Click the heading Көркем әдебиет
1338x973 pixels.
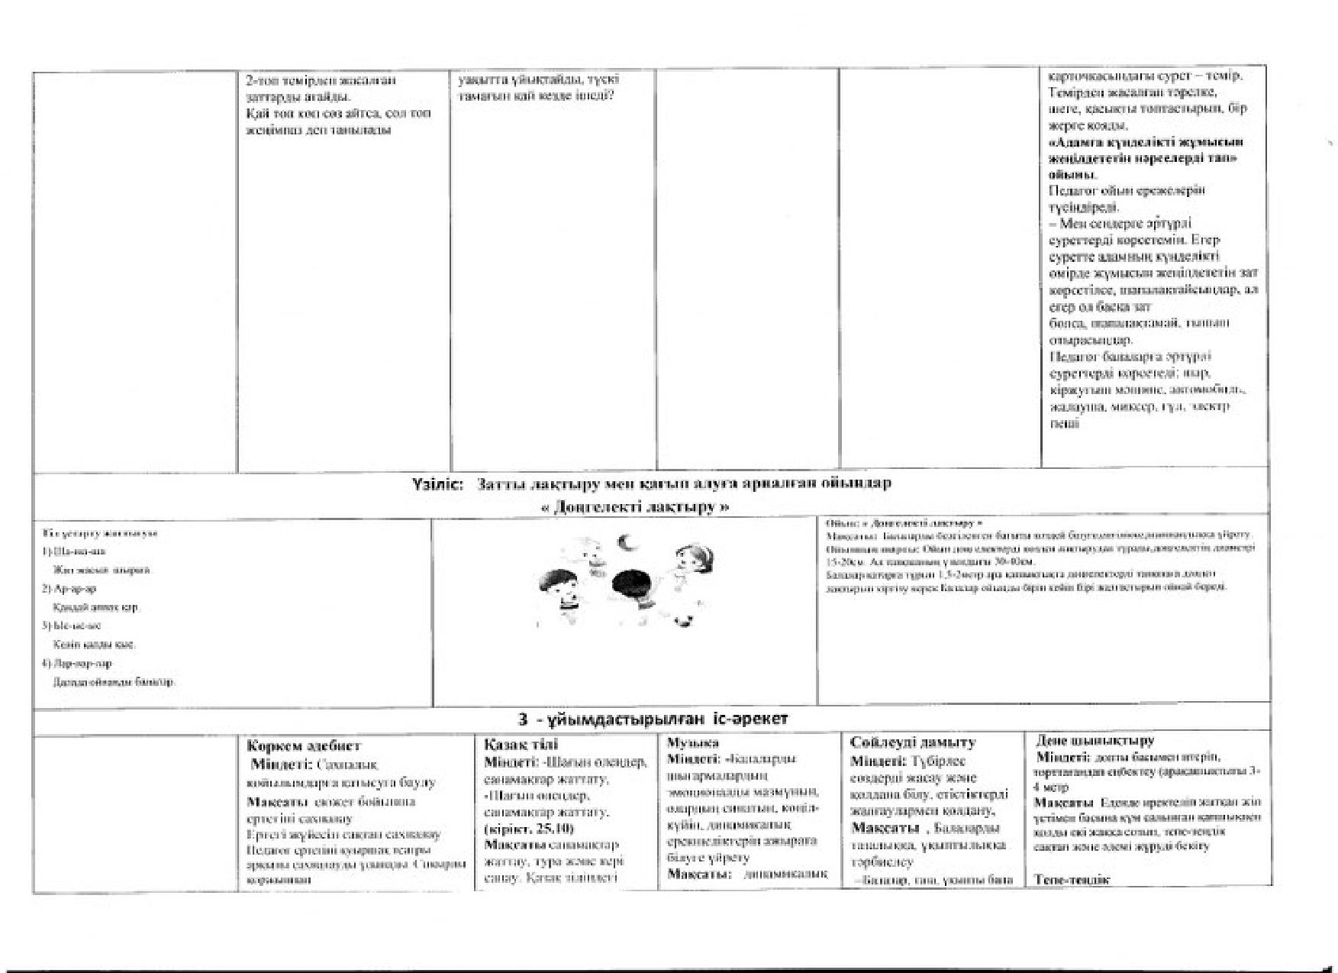tap(304, 745)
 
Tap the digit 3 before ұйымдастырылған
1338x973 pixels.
tap(523, 719)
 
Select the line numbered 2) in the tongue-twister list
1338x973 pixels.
tap(69, 589)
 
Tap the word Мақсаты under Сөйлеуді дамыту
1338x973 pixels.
tap(885, 828)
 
